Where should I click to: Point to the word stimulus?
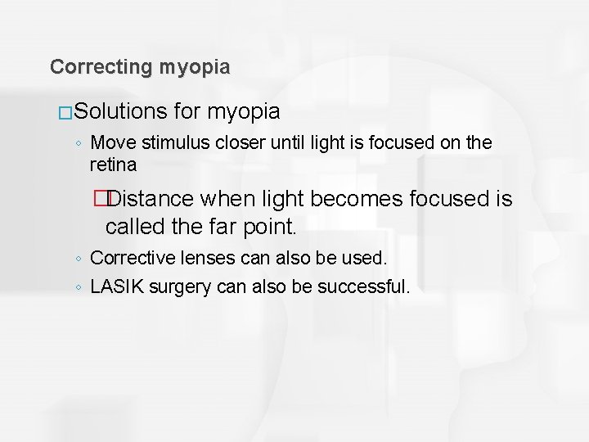pyautogui.click(x=170, y=143)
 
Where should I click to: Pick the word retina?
pyautogui.click(x=113, y=165)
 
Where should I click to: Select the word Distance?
pyautogui.click(x=151, y=199)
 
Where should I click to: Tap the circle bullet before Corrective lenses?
pyautogui.click(x=78, y=259)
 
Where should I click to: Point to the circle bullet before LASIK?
pyautogui.click(x=78, y=287)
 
